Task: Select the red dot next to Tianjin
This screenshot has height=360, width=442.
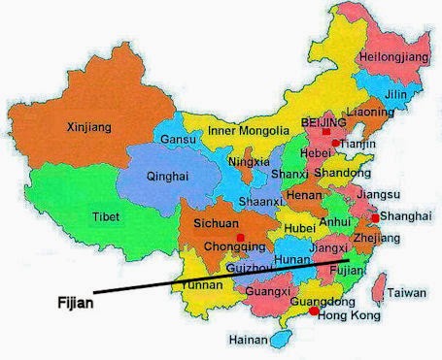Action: pos(336,144)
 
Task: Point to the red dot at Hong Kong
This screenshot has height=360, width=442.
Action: pos(312,312)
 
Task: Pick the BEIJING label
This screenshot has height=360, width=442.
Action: pos(324,125)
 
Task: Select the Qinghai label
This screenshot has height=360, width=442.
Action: pos(167,177)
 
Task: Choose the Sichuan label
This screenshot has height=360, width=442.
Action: pos(216,223)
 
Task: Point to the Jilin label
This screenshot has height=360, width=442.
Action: pos(396,94)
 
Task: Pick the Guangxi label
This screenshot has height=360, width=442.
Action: pos(266,291)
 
